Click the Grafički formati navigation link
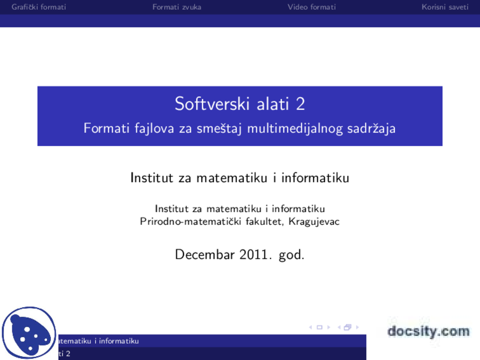click(x=39, y=7)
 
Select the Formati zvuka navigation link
click(x=177, y=7)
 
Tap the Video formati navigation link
click(x=312, y=7)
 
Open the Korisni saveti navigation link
click(x=445, y=7)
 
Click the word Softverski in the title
click(x=212, y=104)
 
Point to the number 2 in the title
click(x=300, y=104)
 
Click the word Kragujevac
click(x=314, y=222)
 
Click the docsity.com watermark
click(x=428, y=331)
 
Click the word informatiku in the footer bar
click(x=119, y=341)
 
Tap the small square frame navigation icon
click(x=319, y=327)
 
